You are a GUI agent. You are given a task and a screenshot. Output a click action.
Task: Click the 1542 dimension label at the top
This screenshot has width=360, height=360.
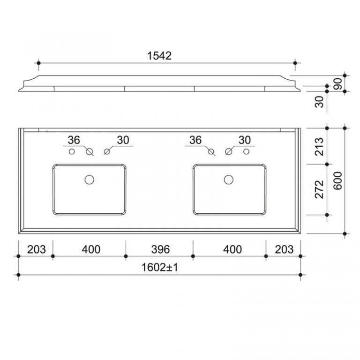pyautogui.click(x=159, y=56)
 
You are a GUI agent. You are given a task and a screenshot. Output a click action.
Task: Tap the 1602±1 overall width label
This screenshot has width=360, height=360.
pyautogui.click(x=160, y=267)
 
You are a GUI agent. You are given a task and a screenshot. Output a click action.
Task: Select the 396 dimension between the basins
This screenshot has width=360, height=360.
pyautogui.click(x=160, y=249)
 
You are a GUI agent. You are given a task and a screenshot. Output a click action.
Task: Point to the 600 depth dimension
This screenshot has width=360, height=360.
pyautogui.click(x=337, y=180)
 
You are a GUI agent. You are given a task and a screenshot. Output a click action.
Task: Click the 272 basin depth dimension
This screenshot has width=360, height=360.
pyautogui.click(x=319, y=189)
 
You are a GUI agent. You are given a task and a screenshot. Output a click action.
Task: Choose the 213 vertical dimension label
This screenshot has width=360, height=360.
pyautogui.click(x=319, y=147)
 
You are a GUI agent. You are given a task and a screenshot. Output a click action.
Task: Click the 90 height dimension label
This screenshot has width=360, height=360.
pyautogui.click(x=337, y=84)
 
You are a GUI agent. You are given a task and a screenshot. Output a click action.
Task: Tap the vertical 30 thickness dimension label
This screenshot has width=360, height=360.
pyautogui.click(x=319, y=102)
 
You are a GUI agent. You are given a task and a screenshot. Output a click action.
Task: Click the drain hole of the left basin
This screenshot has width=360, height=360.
pyautogui.click(x=90, y=180)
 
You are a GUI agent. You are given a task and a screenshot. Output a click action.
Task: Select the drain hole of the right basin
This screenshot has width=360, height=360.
pyautogui.click(x=229, y=180)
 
